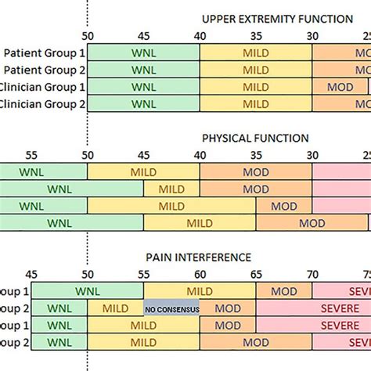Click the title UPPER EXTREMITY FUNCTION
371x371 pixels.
click(277, 19)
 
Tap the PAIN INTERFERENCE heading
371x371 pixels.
click(209, 257)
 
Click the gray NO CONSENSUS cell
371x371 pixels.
click(171, 309)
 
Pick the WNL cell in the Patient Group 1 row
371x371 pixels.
click(143, 52)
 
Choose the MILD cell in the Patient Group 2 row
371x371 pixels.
click(256, 70)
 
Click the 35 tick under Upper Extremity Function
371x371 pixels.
click(256, 36)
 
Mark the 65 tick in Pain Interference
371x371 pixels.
click(256, 274)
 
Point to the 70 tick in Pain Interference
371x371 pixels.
click(312, 274)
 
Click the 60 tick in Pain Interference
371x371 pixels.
click(200, 274)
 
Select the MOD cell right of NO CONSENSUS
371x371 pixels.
click(228, 309)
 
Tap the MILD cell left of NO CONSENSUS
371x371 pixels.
click(115, 309)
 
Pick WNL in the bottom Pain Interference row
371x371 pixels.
click(59, 343)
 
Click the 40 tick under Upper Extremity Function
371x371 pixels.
click(200, 36)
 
